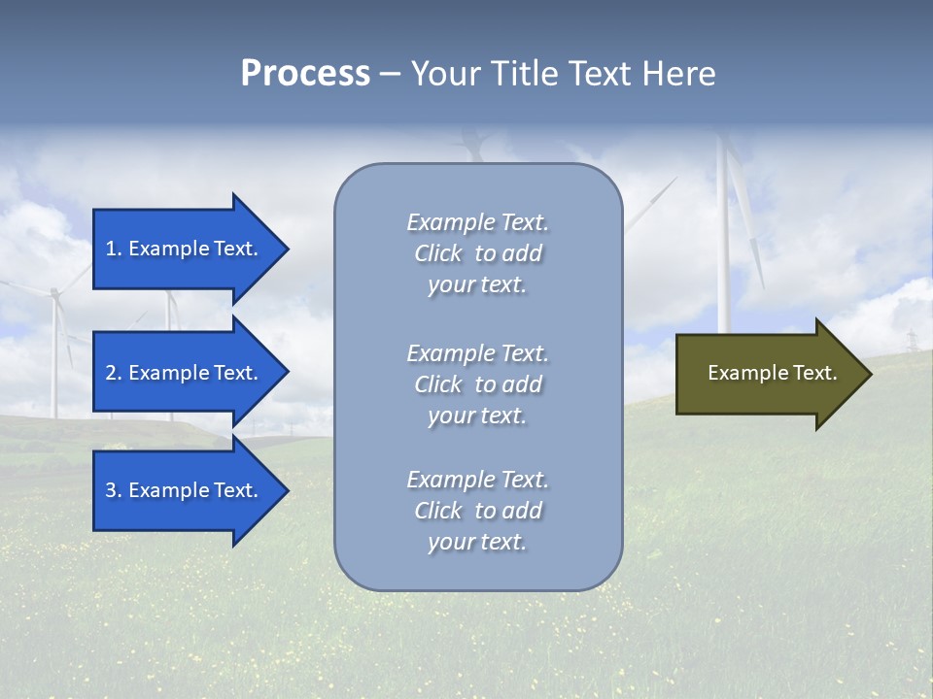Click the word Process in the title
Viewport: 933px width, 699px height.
[x=305, y=74]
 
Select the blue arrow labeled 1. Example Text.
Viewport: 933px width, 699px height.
[x=185, y=249]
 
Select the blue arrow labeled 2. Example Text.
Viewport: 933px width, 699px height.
[x=185, y=373]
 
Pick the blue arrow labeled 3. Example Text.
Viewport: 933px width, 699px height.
[x=185, y=490]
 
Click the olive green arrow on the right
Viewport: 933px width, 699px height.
[x=768, y=374]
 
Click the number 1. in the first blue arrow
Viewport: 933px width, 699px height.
[x=114, y=249]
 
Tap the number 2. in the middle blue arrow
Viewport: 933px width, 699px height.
[x=114, y=373]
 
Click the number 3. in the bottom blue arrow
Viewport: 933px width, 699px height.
[x=114, y=490]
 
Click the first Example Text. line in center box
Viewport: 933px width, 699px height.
[x=477, y=222]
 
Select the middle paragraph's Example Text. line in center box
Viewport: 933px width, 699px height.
[x=477, y=353]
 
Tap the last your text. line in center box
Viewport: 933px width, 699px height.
[x=477, y=542]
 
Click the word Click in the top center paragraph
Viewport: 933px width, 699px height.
[x=438, y=253]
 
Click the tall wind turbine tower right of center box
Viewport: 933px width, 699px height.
[x=723, y=252]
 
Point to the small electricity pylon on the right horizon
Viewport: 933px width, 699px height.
[x=912, y=342]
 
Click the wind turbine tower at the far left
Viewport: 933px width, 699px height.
[x=54, y=359]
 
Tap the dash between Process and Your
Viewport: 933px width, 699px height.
[x=390, y=74]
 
